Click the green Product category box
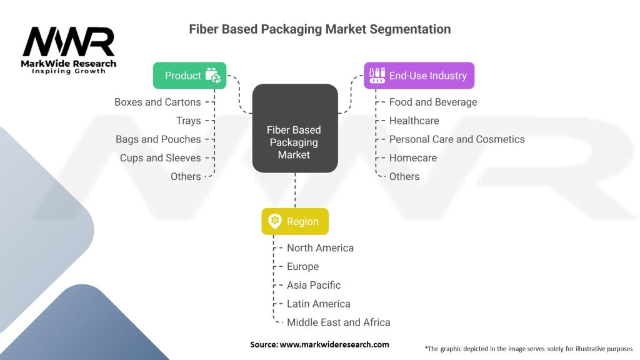point(189,76)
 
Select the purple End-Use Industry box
point(419,76)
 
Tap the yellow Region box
point(294,221)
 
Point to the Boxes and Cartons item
point(157,102)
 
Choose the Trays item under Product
point(188,121)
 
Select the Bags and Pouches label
point(158,139)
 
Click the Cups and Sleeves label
point(161,158)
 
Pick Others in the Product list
point(186,177)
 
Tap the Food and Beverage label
point(433,102)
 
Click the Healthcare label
point(414,121)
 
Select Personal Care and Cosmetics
point(457,139)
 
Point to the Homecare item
point(412,158)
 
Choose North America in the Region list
point(320,248)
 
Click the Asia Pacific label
point(314,285)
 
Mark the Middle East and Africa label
point(338,322)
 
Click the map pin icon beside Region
point(275,221)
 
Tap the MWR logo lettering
point(69,42)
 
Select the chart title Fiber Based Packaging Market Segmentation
point(319,29)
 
